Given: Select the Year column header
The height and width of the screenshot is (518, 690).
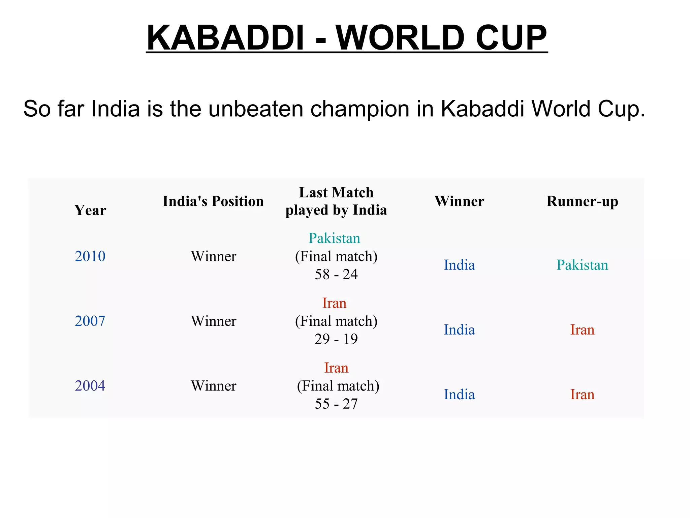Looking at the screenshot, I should tap(90, 210).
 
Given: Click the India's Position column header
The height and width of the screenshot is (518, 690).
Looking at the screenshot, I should tap(213, 201).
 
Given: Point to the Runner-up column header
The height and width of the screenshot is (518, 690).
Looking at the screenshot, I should tap(582, 201).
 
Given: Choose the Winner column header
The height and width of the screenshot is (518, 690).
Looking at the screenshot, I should tap(459, 201).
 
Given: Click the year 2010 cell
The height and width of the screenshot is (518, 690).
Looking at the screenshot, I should tap(90, 256).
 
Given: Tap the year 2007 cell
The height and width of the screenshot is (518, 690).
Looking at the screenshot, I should tap(90, 321).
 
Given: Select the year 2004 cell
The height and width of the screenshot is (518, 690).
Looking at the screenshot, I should tap(90, 386).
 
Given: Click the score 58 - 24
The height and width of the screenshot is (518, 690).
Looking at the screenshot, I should tap(336, 274).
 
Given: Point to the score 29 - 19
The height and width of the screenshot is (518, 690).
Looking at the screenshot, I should tap(336, 339).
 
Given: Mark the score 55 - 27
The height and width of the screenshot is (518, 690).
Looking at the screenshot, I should tap(336, 404).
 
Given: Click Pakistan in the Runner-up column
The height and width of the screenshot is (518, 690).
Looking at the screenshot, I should tap(582, 265).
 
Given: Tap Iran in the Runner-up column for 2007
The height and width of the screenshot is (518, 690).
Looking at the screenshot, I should tap(582, 330).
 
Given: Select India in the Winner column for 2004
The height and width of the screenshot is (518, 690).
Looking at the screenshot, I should tap(459, 395).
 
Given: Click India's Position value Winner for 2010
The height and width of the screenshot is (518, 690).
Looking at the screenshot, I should tap(214, 256).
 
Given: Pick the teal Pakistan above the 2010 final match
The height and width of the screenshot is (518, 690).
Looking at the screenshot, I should tap(334, 238).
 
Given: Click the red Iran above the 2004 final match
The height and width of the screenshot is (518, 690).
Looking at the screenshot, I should tap(336, 368).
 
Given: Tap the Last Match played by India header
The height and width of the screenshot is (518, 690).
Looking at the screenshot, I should tap(336, 201).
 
